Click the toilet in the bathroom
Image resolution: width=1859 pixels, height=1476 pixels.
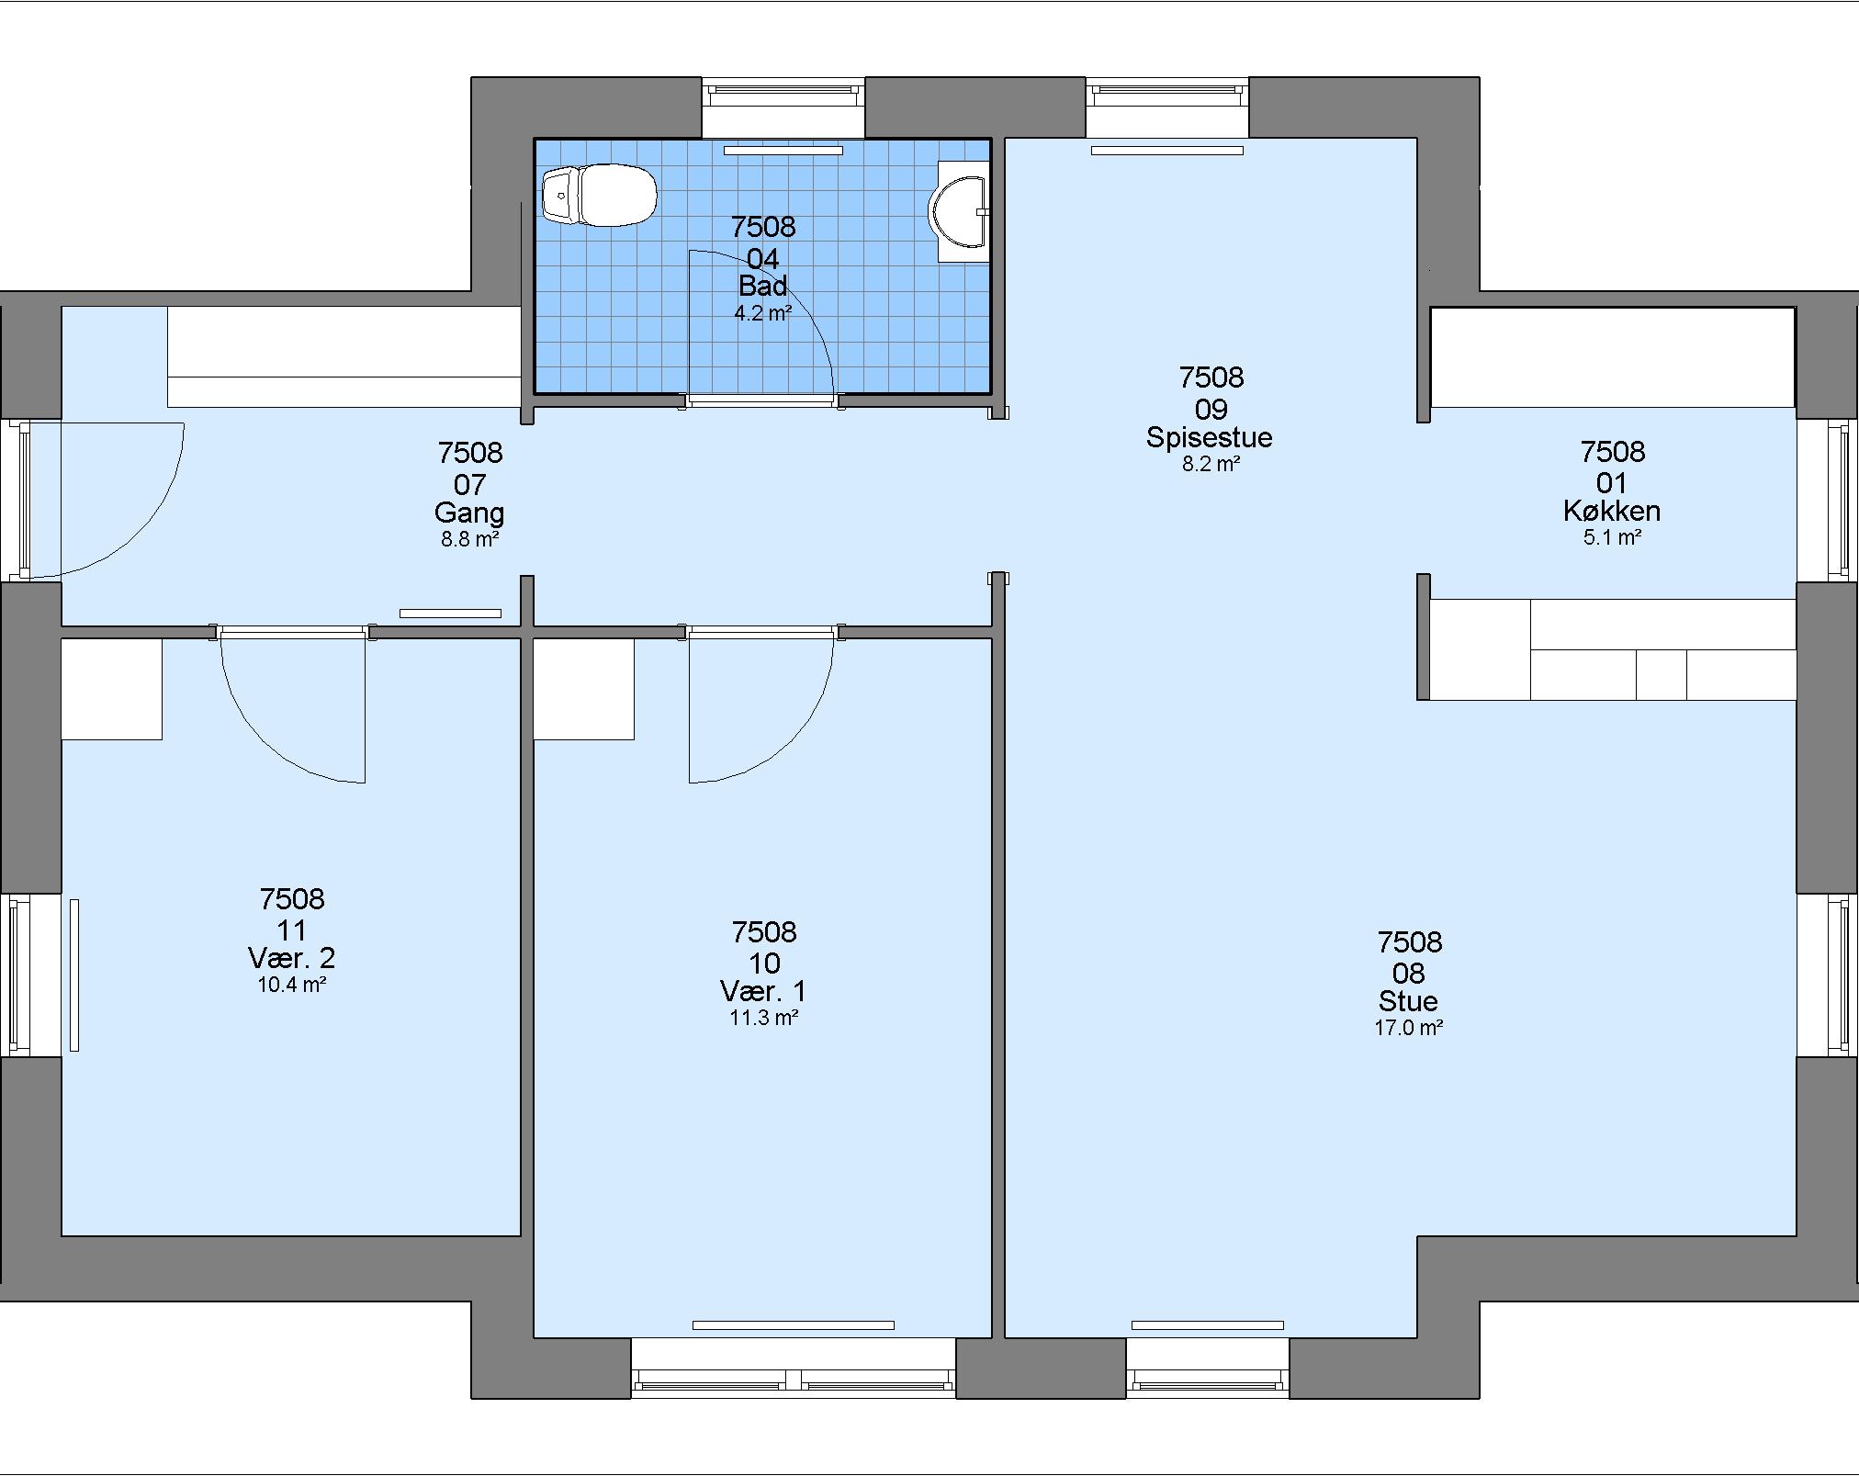point(599,195)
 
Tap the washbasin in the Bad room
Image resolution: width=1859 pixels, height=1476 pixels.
point(961,212)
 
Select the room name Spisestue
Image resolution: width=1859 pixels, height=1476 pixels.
point(1209,437)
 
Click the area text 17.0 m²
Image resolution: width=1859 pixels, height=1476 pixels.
point(1408,1028)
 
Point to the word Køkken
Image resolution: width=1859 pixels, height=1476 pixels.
point(1612,512)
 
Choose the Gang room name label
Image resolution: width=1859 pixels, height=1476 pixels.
point(469,513)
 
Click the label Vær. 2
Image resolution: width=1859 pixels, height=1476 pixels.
point(292,959)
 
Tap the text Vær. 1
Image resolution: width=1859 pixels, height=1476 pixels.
point(763,992)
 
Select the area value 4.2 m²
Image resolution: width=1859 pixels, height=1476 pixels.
point(762,313)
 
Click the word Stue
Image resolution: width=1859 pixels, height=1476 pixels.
point(1408,1001)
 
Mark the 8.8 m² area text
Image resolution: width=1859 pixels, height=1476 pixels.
point(469,539)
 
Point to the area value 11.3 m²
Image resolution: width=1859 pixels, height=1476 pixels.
point(763,1018)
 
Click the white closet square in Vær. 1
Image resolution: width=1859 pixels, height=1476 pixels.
point(584,689)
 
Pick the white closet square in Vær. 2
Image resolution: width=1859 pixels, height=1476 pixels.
point(112,689)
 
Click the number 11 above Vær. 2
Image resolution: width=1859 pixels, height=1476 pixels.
point(292,930)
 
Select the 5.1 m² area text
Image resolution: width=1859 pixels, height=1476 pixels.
point(1612,537)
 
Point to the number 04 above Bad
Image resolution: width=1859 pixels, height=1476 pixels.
point(762,259)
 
